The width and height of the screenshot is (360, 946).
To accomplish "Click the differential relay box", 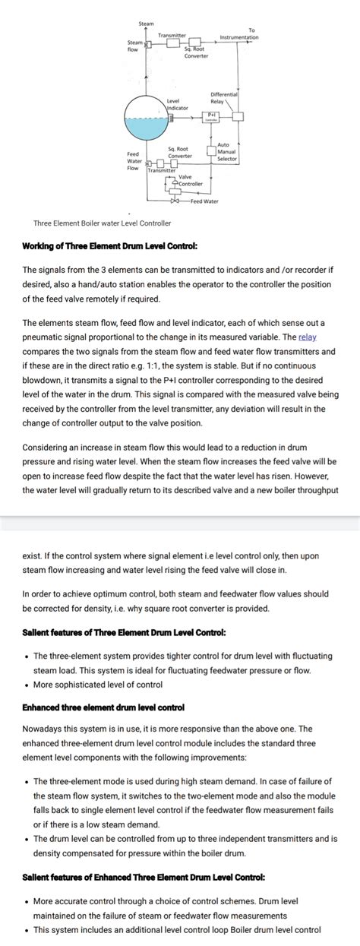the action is click(238, 115).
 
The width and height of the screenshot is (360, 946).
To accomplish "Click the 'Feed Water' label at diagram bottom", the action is click(204, 201).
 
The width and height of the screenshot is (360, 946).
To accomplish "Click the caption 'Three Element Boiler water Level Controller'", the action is click(103, 223).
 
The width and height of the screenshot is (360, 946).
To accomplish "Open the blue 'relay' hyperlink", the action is click(307, 337).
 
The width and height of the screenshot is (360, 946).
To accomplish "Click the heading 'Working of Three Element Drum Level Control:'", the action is click(110, 246).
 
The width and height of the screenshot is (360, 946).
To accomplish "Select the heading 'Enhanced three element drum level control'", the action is click(103, 707).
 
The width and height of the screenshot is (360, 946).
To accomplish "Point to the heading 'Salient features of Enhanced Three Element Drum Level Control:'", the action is click(144, 877).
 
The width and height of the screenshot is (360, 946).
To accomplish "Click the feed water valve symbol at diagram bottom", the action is click(175, 201).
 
